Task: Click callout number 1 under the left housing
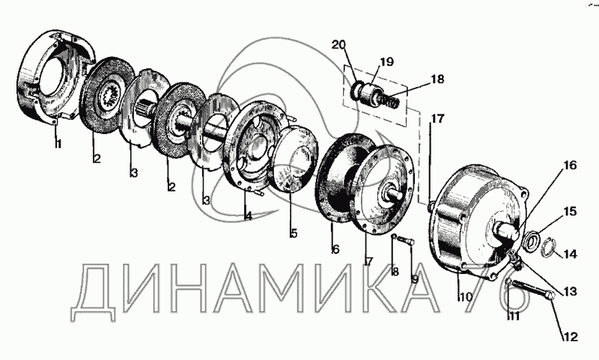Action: coord(57,144)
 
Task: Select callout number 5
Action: coord(294,233)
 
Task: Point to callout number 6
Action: coord(335,249)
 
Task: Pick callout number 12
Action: coord(571,338)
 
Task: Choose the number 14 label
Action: coord(571,254)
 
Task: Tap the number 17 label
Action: coord(437,118)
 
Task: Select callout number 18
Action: coord(437,79)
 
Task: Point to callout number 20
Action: coord(338,45)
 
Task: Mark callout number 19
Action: coord(386,61)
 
